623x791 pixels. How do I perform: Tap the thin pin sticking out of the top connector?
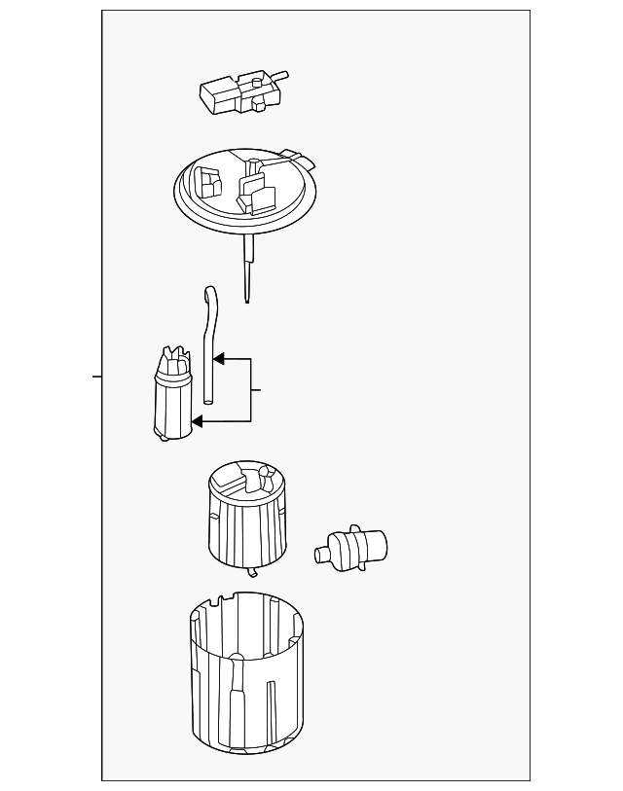pyautogui.click(x=280, y=73)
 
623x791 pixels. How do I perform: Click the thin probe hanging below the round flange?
pyautogui.click(x=247, y=271)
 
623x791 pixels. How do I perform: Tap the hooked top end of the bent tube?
pyautogui.click(x=208, y=294)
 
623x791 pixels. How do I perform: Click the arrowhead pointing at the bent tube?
pyautogui.click(x=219, y=359)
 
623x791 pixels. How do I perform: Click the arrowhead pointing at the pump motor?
pyautogui.click(x=198, y=421)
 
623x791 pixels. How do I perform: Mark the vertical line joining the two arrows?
pyautogui.click(x=251, y=390)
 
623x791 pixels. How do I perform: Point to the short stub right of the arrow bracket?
pyautogui.click(x=256, y=390)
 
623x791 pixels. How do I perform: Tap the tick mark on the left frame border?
pyautogui.click(x=97, y=376)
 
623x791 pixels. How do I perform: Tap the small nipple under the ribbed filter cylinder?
pyautogui.click(x=252, y=572)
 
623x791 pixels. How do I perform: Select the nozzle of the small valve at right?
pyautogui.click(x=322, y=555)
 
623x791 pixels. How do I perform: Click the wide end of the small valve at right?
pyautogui.click(x=374, y=545)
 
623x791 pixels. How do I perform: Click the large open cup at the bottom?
pyautogui.click(x=245, y=681)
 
